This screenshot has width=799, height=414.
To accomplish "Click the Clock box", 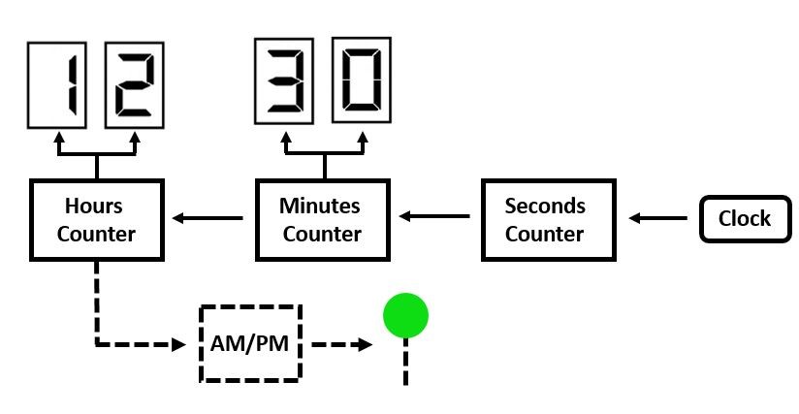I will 744,219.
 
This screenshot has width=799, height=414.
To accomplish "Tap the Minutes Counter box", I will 322,220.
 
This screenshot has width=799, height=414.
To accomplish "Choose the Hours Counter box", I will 96,220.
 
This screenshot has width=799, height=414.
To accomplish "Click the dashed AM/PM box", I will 250,343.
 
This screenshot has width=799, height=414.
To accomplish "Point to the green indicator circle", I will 405,315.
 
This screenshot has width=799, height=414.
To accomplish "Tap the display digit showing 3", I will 286,80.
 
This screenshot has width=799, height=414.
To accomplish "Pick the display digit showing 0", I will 362,80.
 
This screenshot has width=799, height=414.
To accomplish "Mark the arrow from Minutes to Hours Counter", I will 208,218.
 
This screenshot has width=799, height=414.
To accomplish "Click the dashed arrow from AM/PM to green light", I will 340,343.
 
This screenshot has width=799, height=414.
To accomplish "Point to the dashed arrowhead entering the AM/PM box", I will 178,343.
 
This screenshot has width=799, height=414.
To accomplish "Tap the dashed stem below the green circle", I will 405,363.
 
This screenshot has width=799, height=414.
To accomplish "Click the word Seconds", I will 546,206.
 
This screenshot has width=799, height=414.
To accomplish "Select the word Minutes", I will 320,206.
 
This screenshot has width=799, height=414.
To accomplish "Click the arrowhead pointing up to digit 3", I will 285,138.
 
